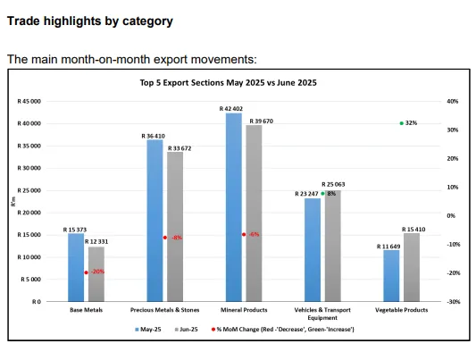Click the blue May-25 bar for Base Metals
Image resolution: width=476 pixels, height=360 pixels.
pyautogui.click(x=76, y=267)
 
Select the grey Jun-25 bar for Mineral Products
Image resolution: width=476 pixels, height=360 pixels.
pyautogui.click(x=254, y=213)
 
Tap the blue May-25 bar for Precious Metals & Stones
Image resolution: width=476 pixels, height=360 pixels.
pyautogui.click(x=154, y=221)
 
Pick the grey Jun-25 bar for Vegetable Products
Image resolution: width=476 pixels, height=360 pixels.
pyautogui.click(x=412, y=267)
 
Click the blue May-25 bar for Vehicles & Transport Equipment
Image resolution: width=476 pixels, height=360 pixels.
pyautogui.click(x=313, y=250)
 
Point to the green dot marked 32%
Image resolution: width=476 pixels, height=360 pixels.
pyautogui.click(x=402, y=123)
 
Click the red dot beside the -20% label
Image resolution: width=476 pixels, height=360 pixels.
pyautogui.click(x=87, y=272)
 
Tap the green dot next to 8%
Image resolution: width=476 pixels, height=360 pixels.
pyautogui.click(x=322, y=194)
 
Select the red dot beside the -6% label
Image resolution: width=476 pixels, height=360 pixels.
pyautogui.click(x=244, y=235)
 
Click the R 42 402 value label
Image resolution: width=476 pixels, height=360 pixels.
pyautogui.click(x=231, y=109)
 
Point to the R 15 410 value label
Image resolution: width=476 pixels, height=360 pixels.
pyautogui.click(x=413, y=230)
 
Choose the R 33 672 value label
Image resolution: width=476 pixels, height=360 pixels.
pyautogui.click(x=180, y=148)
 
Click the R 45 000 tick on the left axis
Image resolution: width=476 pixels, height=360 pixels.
pyautogui.click(x=29, y=101)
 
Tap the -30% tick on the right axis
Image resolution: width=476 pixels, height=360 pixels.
pyautogui.click(x=454, y=302)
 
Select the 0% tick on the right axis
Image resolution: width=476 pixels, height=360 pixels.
pyautogui.click(x=451, y=216)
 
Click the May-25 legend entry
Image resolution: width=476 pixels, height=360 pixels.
pyautogui.click(x=148, y=330)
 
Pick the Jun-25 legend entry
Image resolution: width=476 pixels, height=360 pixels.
pyautogui.click(x=186, y=330)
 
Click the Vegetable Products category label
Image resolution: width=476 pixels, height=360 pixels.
pyautogui.click(x=401, y=310)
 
